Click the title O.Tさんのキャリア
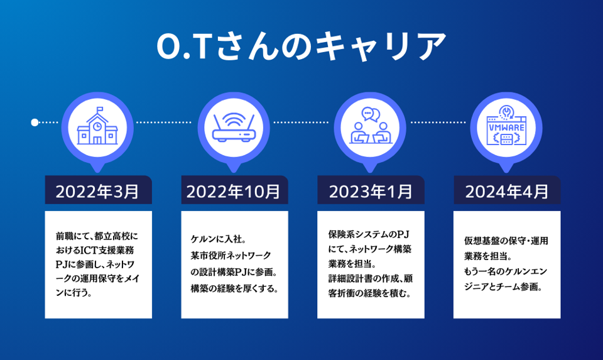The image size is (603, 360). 301,46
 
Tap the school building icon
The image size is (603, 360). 97,126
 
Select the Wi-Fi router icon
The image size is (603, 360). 234,128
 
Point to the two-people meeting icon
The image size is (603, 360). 370,126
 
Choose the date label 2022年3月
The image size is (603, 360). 97,191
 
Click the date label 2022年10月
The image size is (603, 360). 234,191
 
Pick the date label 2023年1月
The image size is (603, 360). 371,191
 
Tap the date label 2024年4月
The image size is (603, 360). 507,191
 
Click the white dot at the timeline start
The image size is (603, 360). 35,123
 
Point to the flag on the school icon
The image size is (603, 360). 100,109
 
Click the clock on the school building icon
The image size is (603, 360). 97,126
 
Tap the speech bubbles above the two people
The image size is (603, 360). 371,114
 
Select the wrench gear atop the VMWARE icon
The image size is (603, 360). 506,112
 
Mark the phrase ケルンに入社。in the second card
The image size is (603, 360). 219,239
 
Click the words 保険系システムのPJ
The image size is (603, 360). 369,234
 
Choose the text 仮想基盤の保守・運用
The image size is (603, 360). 506,241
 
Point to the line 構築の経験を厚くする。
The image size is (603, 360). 234,288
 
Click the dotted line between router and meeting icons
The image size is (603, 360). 301,123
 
